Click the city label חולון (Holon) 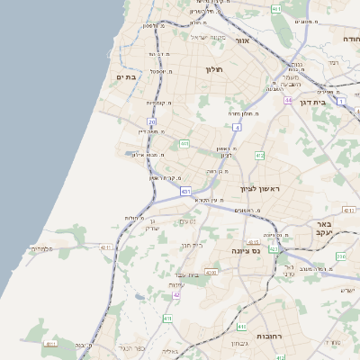(x=213, y=69)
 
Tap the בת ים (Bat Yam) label (x=125, y=77)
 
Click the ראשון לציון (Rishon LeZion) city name (x=261, y=189)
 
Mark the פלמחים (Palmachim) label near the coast (x=42, y=247)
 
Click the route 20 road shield (x=152, y=121)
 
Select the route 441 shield (x=184, y=143)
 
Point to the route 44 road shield (x=288, y=100)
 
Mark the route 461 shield (x=276, y=9)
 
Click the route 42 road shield (x=177, y=294)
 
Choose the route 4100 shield (x=211, y=271)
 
